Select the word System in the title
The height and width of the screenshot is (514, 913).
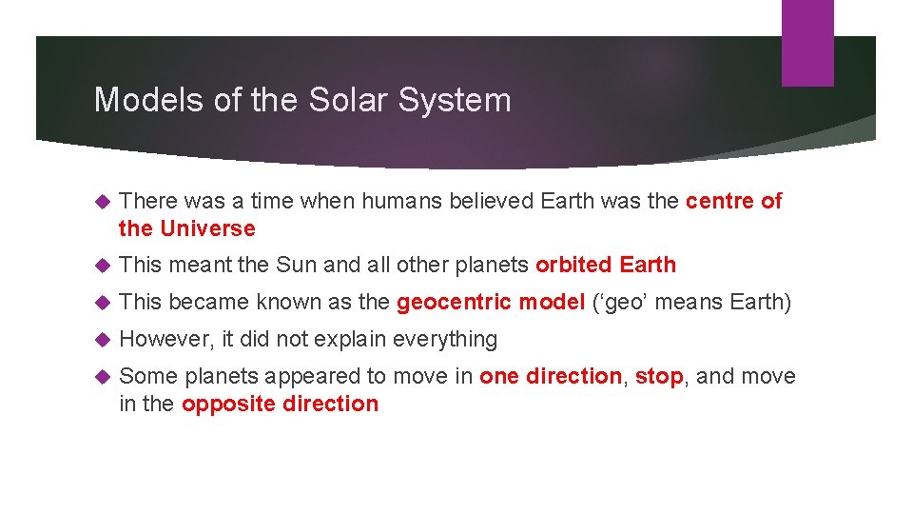[x=466, y=100]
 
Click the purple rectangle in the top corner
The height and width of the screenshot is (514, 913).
[x=807, y=43]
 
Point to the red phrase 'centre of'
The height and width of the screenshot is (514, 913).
[x=733, y=201]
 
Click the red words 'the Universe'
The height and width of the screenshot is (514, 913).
[x=187, y=228]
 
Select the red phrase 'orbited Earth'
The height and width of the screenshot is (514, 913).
[x=606, y=265]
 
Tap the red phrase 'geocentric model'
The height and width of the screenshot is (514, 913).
[x=491, y=303]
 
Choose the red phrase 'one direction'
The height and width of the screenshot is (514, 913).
[x=551, y=376]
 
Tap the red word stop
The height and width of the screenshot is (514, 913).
[x=659, y=376]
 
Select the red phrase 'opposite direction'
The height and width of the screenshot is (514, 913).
[x=280, y=404]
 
